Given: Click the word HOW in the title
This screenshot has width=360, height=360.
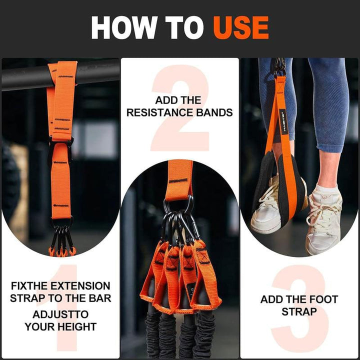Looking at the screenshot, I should (123, 28).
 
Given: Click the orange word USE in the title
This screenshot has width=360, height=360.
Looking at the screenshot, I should (240, 28).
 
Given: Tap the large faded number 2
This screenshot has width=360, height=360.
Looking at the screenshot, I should (179, 107).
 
